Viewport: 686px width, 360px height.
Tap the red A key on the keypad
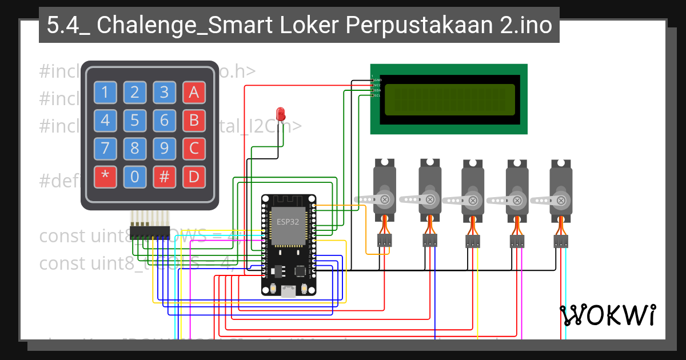point(194,92)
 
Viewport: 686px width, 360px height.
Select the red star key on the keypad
point(105,177)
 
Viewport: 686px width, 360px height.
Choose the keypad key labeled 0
point(134,177)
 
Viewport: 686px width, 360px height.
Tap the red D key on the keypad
point(194,177)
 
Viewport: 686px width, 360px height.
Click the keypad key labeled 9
point(164,149)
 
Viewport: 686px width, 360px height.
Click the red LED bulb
point(280,113)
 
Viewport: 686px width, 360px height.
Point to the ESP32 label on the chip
point(288,222)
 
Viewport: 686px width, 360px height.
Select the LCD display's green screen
point(449,98)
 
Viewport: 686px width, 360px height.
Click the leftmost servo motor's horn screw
point(385,199)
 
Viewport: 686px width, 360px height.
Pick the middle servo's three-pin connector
point(473,242)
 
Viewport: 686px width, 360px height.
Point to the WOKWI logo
point(607,315)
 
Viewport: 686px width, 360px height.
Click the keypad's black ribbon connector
point(150,233)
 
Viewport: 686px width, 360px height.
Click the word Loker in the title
point(312,26)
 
